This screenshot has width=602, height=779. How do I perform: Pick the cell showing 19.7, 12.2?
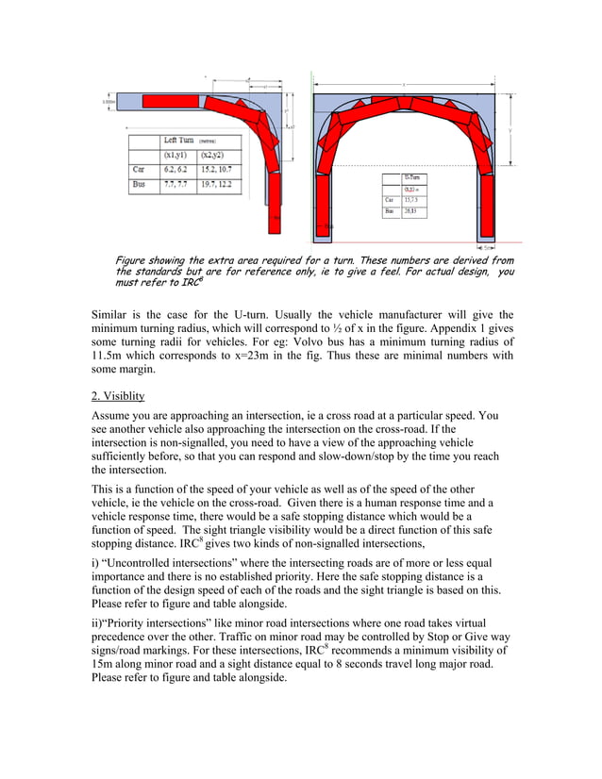(216, 186)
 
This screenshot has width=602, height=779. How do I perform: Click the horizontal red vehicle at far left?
(170, 99)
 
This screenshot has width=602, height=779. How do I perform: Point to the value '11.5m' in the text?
(109, 356)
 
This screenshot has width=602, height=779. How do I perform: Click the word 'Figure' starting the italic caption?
(132, 259)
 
